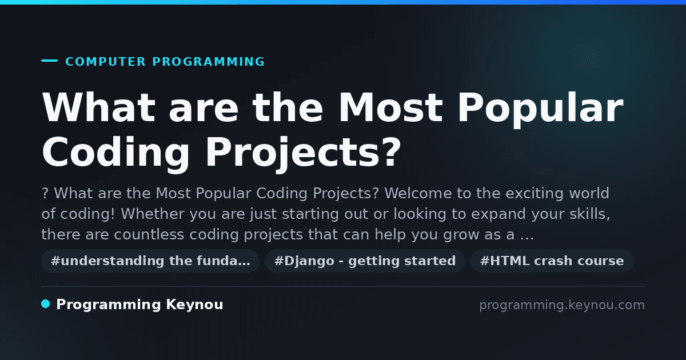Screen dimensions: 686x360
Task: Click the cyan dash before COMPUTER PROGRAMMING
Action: pyautogui.click(x=49, y=61)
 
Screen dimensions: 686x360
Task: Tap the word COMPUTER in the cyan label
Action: pyautogui.click(x=105, y=62)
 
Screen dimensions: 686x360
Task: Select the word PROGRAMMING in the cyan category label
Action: pyautogui.click(x=209, y=62)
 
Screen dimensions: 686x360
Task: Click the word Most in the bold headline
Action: pyautogui.click(x=390, y=107)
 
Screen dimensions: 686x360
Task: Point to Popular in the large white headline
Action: pyautogui.click(x=541, y=109)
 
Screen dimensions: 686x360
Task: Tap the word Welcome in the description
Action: pyautogui.click(x=418, y=193)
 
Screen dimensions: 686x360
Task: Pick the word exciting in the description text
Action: pyautogui.click(x=535, y=194)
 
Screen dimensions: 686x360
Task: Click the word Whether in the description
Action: pyautogui.click(x=153, y=214)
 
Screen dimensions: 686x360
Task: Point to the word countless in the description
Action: pyautogui.click(x=149, y=234)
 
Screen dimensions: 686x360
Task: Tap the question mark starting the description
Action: pyautogui.click(x=45, y=194)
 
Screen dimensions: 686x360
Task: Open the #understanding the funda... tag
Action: pyautogui.click(x=150, y=261)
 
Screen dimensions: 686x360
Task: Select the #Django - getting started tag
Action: pyautogui.click(x=365, y=261)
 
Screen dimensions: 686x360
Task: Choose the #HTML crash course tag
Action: pyautogui.click(x=552, y=261)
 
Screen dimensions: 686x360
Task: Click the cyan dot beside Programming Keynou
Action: pyautogui.click(x=46, y=304)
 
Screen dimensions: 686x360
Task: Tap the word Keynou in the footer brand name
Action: pyautogui.click(x=194, y=305)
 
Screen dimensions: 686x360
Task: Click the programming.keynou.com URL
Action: pyautogui.click(x=562, y=305)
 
